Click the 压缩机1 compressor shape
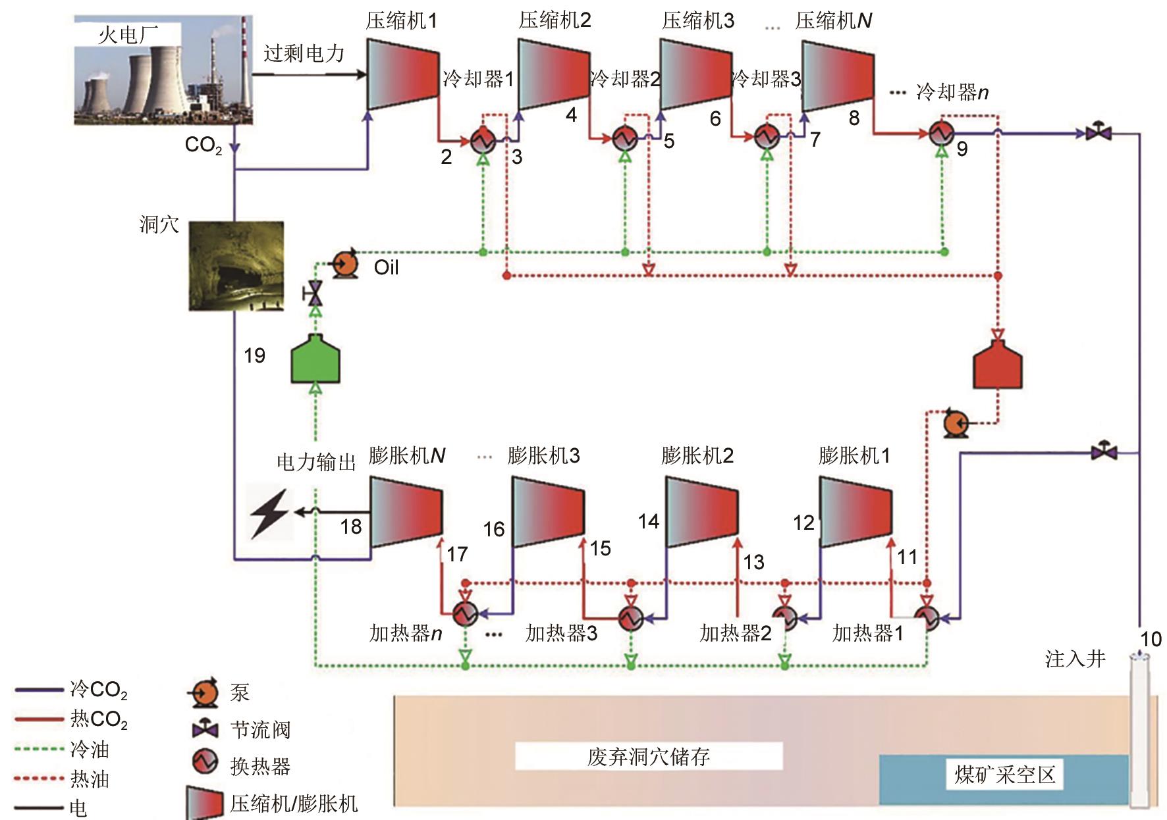point(402,74)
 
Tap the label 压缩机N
point(834,21)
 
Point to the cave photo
point(236,266)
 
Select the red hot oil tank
point(998,366)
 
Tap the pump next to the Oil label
point(345,265)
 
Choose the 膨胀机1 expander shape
point(855,512)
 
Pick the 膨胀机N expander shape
point(405,512)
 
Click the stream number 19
point(254,356)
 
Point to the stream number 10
point(1151,639)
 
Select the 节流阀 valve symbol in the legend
point(205,729)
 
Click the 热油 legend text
point(90,779)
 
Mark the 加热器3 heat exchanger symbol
point(631,617)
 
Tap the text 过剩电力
point(304,54)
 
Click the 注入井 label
point(1075,659)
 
